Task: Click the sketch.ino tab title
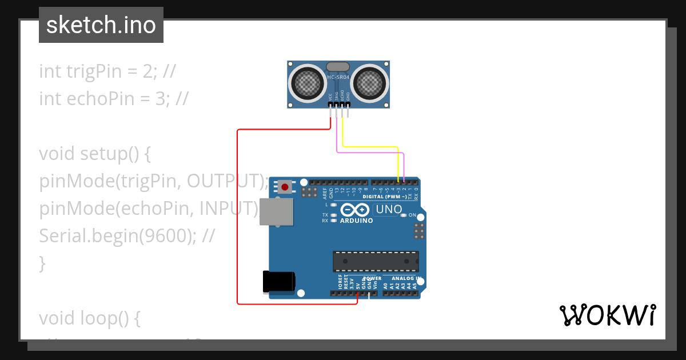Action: click(101, 25)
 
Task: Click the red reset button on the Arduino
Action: click(285, 187)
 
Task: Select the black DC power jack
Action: click(278, 282)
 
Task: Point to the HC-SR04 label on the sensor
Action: click(338, 77)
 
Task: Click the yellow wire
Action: click(372, 147)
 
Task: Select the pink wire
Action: click(372, 153)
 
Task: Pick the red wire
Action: click(237, 217)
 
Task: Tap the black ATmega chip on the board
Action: click(376, 261)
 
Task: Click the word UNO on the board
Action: click(389, 210)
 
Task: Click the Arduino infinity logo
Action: click(356, 210)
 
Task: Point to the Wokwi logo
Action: click(607, 315)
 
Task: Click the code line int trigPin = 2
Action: click(107, 71)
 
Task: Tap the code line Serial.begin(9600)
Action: click(126, 236)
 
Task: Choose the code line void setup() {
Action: click(94, 154)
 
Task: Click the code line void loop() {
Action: click(89, 318)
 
